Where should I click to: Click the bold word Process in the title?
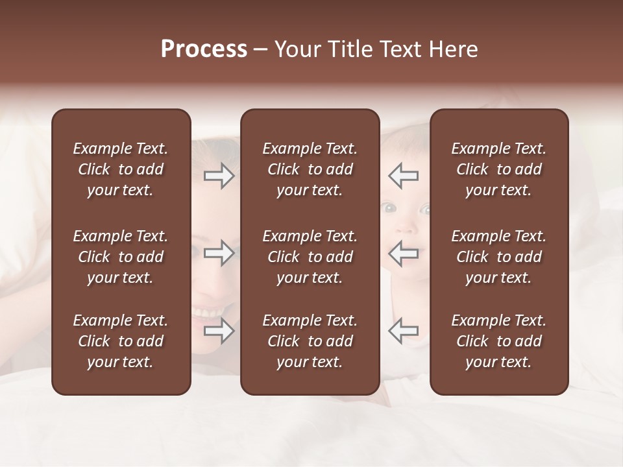coord(204,49)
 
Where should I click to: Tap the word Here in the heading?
coord(454,49)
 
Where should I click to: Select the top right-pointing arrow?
coord(219,176)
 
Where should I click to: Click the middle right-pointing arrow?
coord(219,253)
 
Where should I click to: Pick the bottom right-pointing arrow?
coord(219,331)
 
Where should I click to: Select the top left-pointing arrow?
coord(403,176)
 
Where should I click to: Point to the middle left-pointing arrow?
coord(403,253)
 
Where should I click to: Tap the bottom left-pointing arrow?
coord(403,331)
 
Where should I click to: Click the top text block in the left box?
coord(121,169)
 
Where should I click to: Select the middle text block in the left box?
coord(121,257)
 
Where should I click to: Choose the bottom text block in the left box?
coord(121,341)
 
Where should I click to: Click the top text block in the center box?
coord(310,169)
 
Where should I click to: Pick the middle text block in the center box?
coord(310,257)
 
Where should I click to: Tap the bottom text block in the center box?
coord(310,341)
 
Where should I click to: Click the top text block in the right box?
coord(499,169)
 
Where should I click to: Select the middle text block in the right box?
coord(499,257)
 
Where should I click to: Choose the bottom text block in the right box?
coord(499,341)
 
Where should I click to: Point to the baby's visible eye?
coord(389,208)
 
